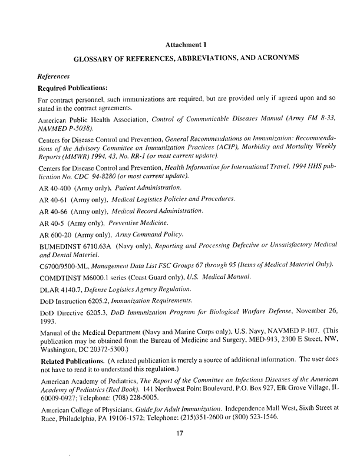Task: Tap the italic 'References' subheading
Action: tap(54, 76)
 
